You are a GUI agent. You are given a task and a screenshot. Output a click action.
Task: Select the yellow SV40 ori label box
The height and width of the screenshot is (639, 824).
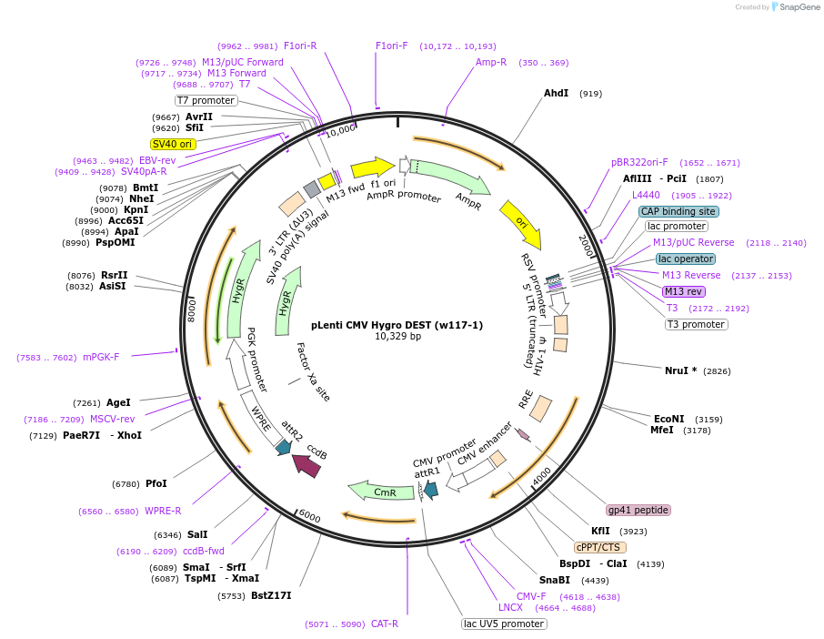173,144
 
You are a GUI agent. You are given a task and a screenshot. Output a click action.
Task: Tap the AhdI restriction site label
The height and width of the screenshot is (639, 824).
556,93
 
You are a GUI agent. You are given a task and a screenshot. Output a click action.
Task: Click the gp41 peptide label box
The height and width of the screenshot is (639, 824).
638,510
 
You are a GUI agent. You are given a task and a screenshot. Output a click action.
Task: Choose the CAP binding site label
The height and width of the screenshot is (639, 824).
678,211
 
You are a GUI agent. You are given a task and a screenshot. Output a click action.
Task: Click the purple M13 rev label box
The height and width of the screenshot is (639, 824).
683,291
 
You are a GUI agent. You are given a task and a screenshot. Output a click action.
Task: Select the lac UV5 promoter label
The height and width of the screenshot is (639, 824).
504,624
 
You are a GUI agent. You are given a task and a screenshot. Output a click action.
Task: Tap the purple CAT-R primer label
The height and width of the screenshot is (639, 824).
384,624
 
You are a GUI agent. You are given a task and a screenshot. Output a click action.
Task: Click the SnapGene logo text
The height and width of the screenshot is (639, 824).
797,7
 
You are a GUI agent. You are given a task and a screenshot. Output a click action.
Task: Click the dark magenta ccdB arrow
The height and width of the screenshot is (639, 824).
306,465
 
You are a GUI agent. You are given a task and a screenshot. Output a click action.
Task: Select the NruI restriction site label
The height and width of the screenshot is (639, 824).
680,370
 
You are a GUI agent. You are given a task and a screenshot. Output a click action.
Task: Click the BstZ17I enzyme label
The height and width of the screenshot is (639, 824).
271,596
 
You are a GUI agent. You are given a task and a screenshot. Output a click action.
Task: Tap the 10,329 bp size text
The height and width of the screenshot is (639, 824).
397,337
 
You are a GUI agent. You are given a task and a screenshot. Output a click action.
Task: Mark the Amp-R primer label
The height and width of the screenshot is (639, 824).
491,62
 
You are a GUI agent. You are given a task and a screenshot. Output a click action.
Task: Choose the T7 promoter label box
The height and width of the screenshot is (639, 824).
206,100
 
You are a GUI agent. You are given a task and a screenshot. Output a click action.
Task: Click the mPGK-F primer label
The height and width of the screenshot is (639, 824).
101,357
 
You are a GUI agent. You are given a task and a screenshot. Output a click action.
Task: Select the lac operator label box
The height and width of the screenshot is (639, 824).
686,259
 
